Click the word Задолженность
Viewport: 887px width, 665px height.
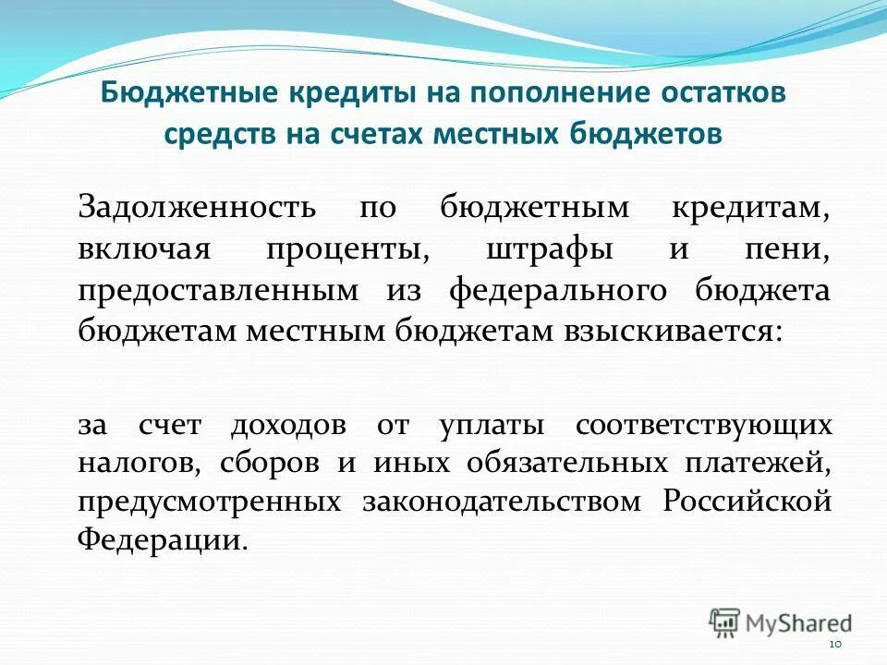click(x=196, y=208)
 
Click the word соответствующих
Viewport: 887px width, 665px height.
click(x=703, y=426)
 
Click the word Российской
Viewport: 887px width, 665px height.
click(x=747, y=502)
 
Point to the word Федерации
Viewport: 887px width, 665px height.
click(x=163, y=540)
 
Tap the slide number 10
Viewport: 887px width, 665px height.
click(x=835, y=644)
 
